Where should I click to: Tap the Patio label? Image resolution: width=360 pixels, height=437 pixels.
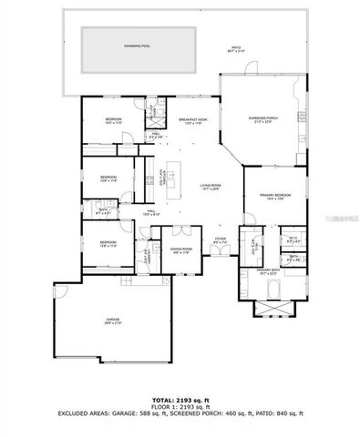[x=236, y=49]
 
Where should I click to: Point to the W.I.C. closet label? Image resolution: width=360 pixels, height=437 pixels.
[x=293, y=239]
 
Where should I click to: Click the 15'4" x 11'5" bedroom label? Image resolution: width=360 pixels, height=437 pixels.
[x=112, y=120]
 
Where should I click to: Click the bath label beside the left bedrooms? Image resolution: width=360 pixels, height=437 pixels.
[x=103, y=211]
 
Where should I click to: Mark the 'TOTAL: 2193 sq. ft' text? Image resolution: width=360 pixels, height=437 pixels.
[x=180, y=401]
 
